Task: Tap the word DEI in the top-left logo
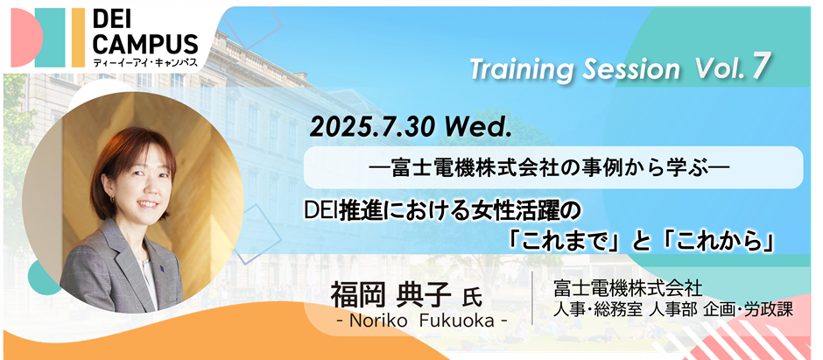click(x=115, y=20)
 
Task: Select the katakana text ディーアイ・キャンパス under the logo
click(x=144, y=62)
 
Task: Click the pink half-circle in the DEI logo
click(x=26, y=38)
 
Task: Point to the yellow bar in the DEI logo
click(x=78, y=38)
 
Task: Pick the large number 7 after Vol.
click(x=760, y=67)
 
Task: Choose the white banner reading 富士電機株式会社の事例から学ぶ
click(x=553, y=167)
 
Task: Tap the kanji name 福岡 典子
click(x=390, y=295)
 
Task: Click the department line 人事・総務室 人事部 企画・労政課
click(x=673, y=310)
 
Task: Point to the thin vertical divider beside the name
click(x=532, y=298)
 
